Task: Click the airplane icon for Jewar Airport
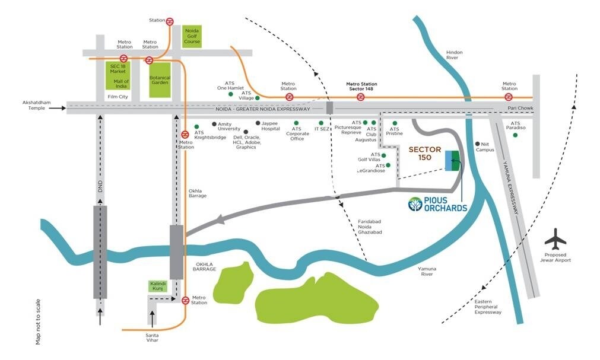(x=556, y=239)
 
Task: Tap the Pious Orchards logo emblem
(x=415, y=205)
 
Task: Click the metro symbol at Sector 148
(x=360, y=97)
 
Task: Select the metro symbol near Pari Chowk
(x=509, y=97)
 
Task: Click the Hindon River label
(x=454, y=55)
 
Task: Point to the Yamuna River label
(x=427, y=271)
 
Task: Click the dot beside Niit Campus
(x=478, y=144)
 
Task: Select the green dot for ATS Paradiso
(x=515, y=135)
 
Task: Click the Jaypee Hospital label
(x=271, y=126)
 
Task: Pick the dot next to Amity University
(x=214, y=124)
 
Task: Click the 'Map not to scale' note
(x=38, y=321)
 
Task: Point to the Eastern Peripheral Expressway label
(x=488, y=307)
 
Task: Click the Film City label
(x=117, y=96)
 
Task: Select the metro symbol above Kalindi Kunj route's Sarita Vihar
(x=185, y=300)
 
